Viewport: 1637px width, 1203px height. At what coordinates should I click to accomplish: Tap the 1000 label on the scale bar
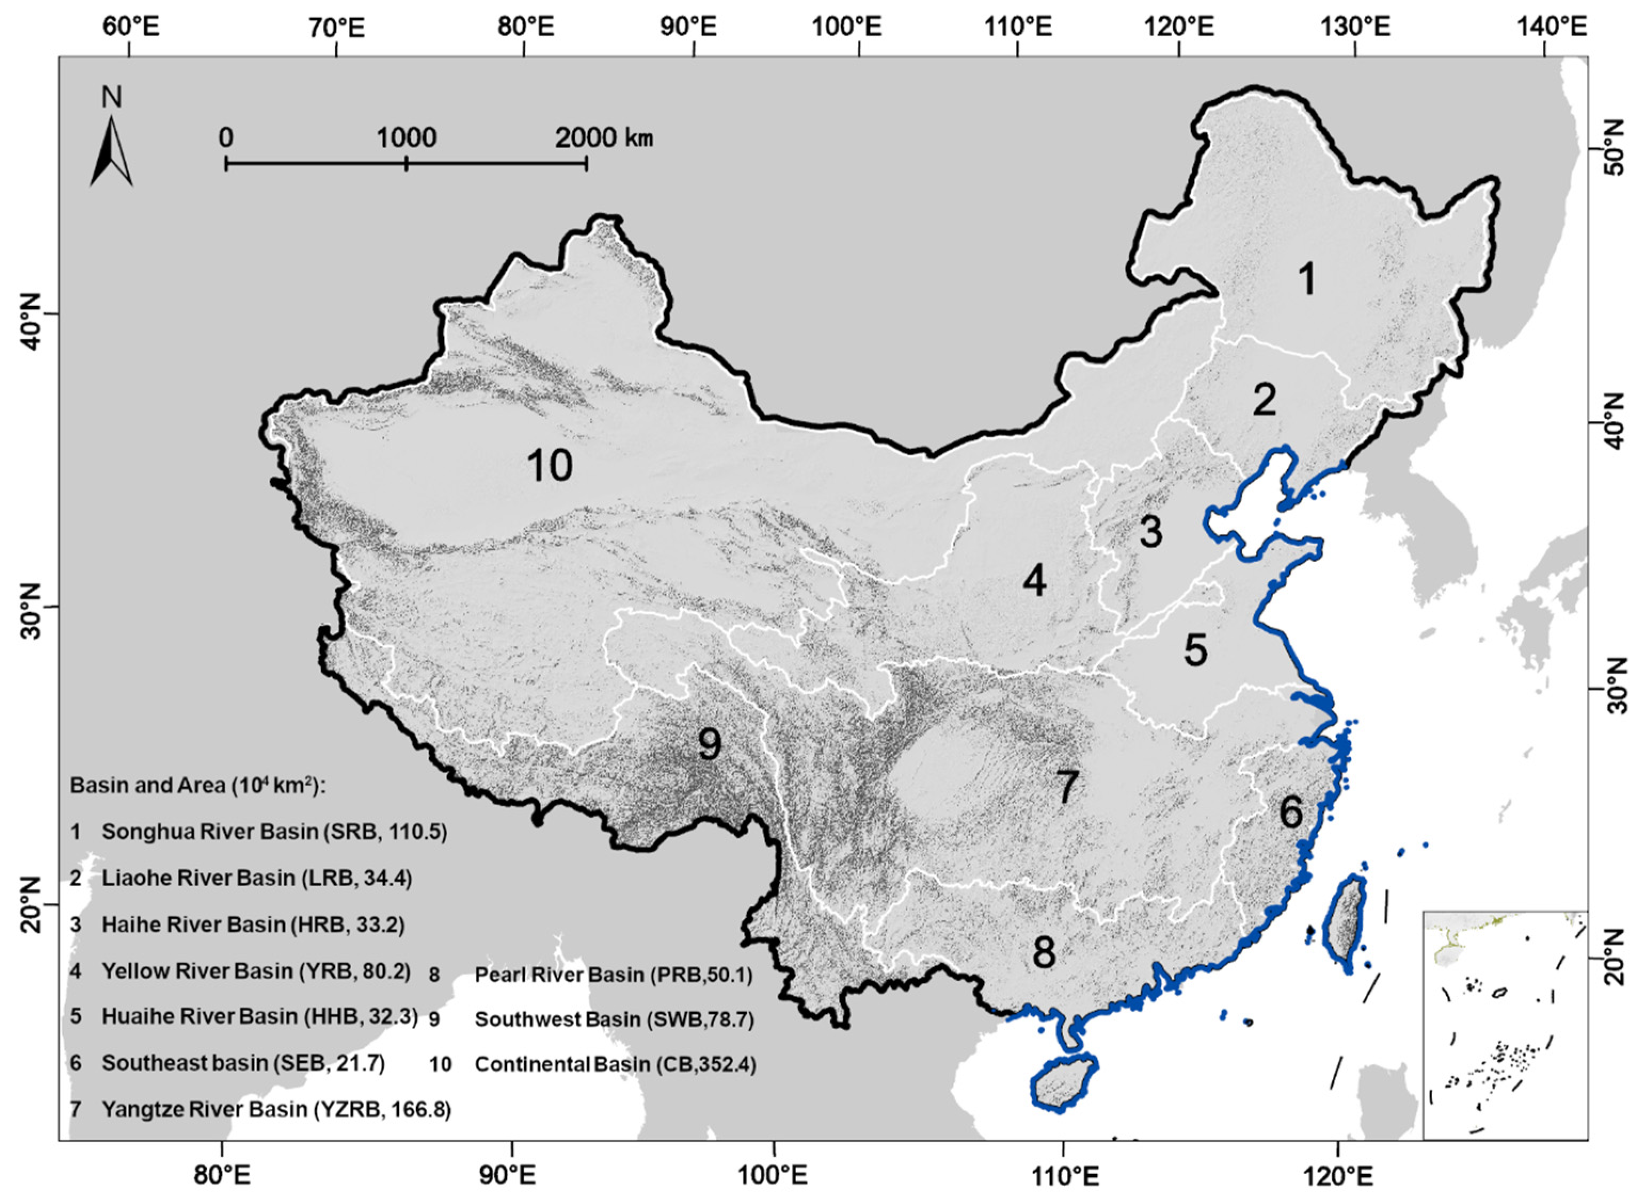click(406, 138)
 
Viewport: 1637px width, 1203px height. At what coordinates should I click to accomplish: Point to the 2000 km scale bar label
click(603, 138)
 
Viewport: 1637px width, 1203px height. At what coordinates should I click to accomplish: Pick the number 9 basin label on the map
click(709, 743)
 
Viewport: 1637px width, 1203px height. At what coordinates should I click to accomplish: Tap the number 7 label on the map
click(1066, 787)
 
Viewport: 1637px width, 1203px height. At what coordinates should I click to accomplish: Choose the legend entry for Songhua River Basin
click(274, 832)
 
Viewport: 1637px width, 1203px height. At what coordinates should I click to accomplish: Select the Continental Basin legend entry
click(615, 1065)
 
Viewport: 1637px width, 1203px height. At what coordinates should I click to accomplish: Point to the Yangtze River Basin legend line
click(276, 1109)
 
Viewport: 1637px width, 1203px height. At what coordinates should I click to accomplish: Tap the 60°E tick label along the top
click(129, 28)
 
